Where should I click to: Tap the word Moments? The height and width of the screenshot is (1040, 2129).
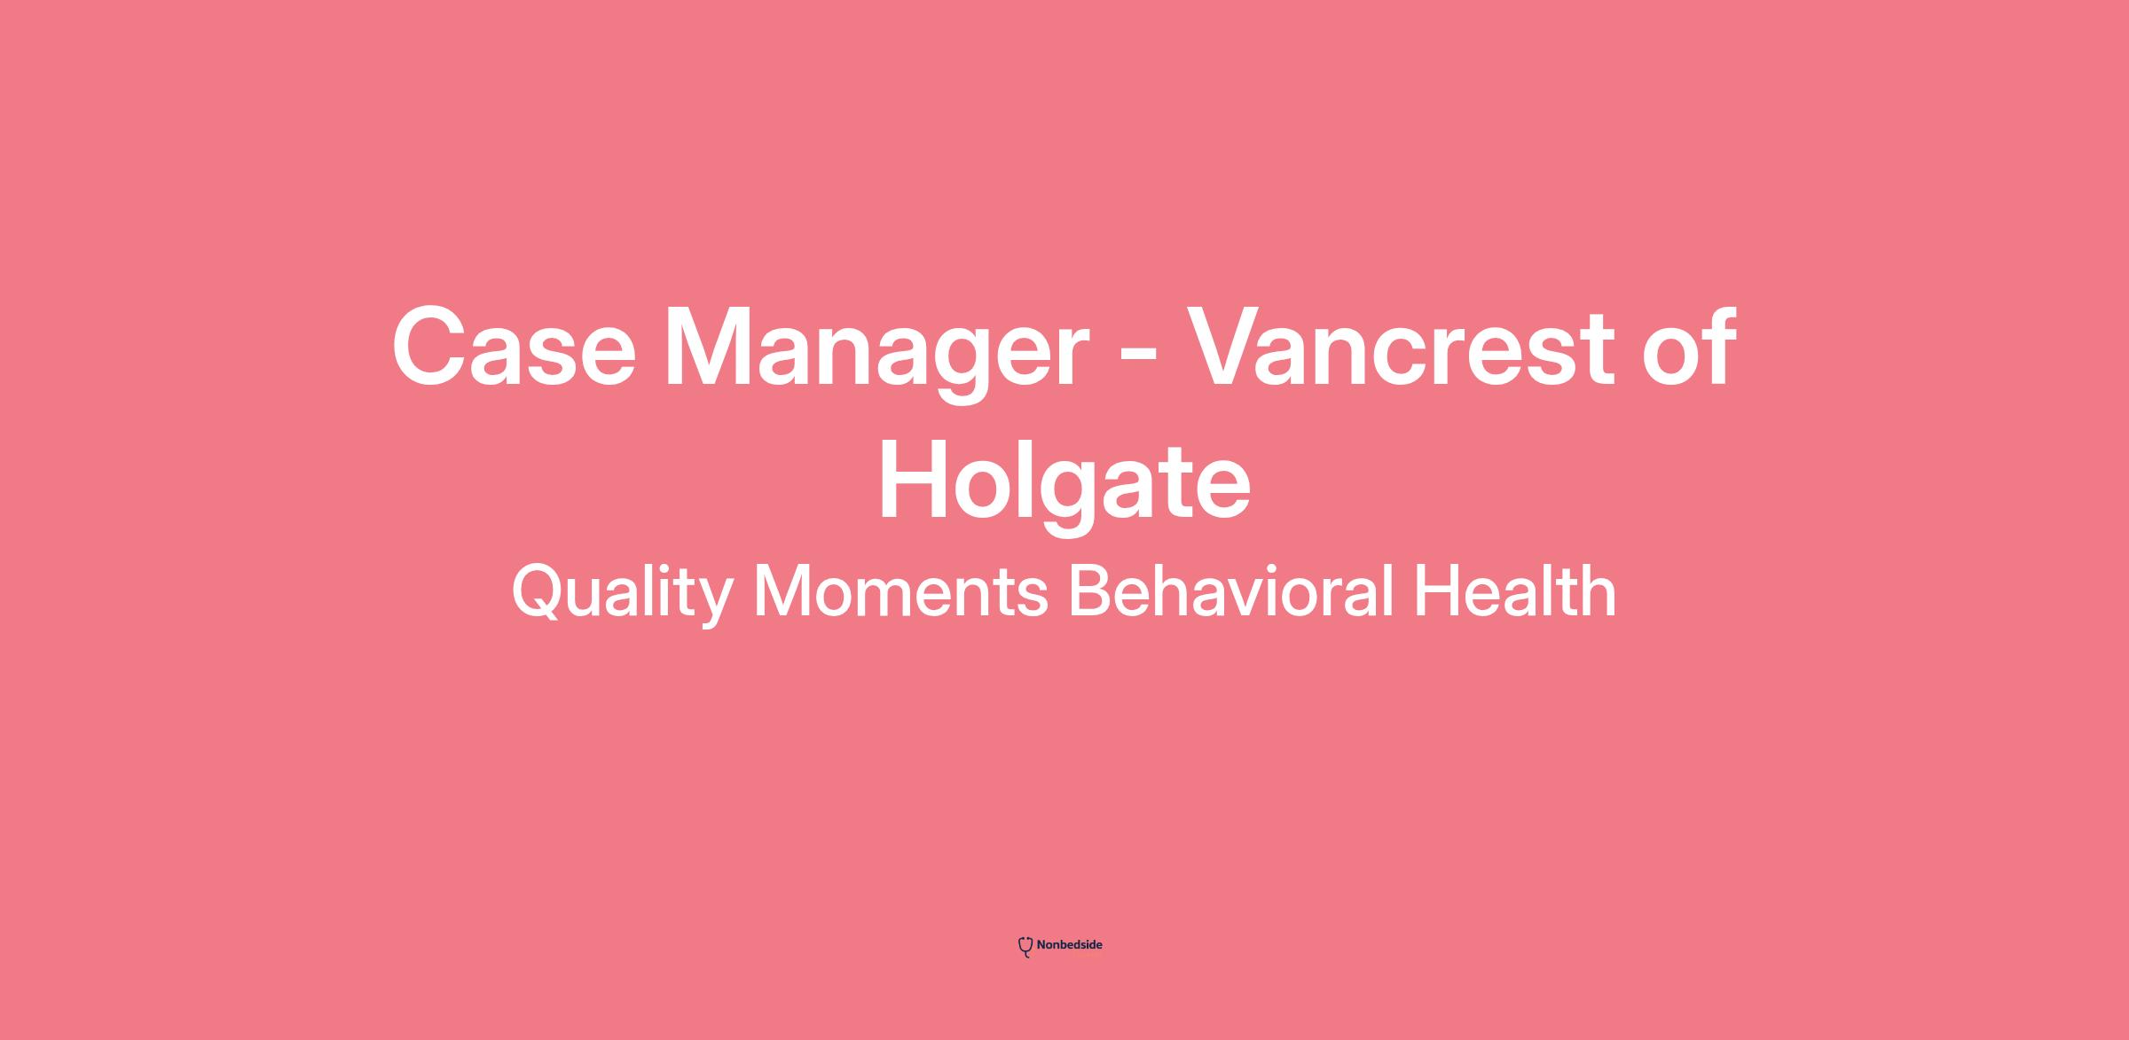(x=900, y=592)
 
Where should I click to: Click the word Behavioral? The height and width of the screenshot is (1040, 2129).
(x=1230, y=590)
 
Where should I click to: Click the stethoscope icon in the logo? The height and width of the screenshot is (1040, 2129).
(x=1025, y=947)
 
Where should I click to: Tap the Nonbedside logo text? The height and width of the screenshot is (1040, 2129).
(x=1069, y=945)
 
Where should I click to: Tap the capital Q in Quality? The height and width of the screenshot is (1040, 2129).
(x=540, y=591)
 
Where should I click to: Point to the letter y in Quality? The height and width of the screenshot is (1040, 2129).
(x=711, y=603)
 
